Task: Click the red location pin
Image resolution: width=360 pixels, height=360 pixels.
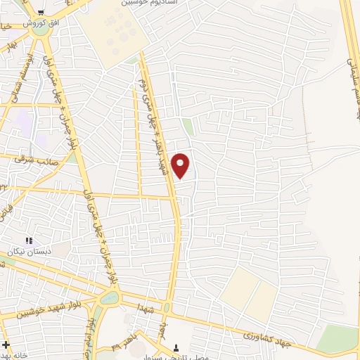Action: pyautogui.click(x=181, y=165)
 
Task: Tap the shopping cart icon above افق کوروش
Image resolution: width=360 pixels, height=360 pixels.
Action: pyautogui.click(x=41, y=12)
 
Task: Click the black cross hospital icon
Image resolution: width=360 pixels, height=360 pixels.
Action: pyautogui.click(x=6, y=345)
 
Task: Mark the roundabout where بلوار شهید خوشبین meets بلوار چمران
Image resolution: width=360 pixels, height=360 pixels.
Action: pyautogui.click(x=110, y=298)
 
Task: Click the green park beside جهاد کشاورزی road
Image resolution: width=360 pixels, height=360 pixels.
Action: pyautogui.click(x=337, y=339)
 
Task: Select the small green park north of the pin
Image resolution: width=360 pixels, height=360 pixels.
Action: pyautogui.click(x=188, y=127)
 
